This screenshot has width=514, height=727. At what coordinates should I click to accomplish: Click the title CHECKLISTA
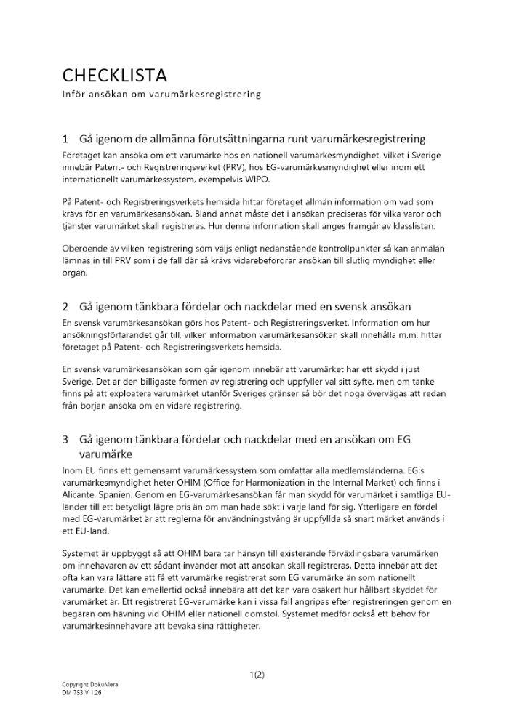(115, 76)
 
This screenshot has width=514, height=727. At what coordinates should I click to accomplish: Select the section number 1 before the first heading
(65, 139)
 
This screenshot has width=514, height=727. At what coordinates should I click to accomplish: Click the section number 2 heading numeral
(65, 307)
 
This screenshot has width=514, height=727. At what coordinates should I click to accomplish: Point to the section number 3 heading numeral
(65, 440)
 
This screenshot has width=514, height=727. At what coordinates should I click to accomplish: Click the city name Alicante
(81, 494)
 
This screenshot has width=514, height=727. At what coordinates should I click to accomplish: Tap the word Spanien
(124, 494)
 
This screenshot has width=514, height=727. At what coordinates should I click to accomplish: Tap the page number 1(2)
(257, 674)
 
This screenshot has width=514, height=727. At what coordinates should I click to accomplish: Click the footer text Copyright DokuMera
(90, 686)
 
